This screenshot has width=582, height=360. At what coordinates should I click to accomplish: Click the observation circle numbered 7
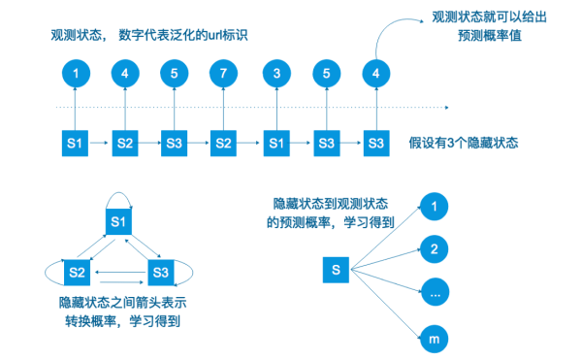(223, 74)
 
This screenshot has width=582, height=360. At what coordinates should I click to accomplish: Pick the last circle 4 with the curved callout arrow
(375, 74)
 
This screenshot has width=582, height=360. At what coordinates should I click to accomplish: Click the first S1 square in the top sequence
(74, 143)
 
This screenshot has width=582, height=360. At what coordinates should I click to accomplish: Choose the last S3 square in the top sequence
(375, 143)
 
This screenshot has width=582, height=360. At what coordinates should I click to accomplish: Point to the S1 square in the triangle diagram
(117, 223)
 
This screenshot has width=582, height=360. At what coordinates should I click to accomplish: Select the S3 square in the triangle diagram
(160, 267)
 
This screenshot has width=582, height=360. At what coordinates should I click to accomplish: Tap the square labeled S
(335, 267)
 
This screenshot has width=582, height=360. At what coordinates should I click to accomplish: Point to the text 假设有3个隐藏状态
(464, 143)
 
